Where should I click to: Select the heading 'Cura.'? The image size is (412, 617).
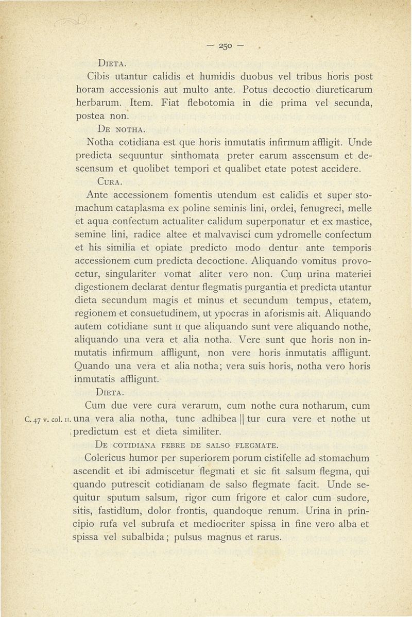[x=111, y=181]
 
